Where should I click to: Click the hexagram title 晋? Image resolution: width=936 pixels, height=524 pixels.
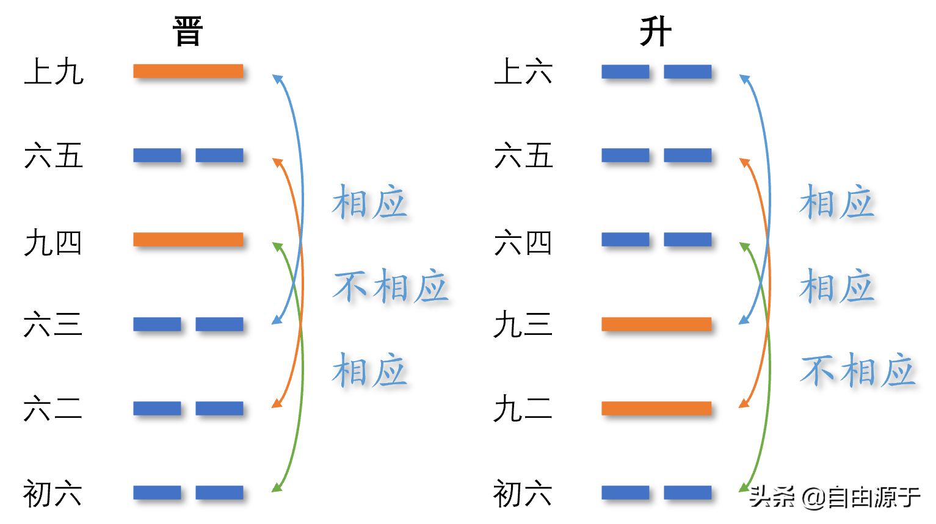187,31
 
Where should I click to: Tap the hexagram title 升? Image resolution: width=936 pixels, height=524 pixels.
656,31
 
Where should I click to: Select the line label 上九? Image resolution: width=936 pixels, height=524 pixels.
54,71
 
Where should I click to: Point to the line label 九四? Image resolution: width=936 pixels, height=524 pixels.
53,242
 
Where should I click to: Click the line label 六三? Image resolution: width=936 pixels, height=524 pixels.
53,324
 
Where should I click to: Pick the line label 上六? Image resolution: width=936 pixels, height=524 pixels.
523,71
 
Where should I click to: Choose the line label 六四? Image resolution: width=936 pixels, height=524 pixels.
523,242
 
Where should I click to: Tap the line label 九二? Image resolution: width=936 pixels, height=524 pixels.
523,408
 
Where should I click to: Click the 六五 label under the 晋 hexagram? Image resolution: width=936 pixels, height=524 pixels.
53,155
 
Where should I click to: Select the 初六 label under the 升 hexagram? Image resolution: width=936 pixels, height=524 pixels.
523,493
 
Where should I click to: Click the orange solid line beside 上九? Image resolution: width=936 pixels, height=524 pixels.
188,71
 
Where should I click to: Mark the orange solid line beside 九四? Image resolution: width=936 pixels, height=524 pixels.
188,239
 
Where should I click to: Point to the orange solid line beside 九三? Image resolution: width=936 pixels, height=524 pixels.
656,324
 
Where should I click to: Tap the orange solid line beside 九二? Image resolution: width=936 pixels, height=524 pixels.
656,408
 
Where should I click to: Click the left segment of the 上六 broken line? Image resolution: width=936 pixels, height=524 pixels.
626,71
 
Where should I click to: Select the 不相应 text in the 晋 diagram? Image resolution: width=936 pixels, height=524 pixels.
391,286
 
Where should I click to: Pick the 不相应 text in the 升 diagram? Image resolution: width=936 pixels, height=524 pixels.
858,370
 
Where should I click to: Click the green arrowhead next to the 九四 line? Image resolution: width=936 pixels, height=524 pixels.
277,246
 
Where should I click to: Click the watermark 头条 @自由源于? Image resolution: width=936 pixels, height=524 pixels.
835,497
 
